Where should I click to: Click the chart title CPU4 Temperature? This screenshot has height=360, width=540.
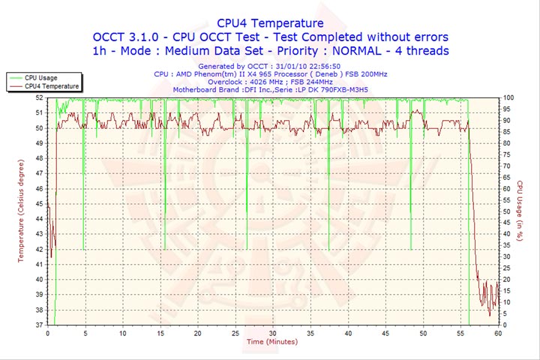270,23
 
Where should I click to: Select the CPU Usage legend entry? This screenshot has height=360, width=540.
41,77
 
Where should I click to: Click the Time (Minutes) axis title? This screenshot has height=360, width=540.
271,342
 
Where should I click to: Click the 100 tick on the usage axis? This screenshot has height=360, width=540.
508,97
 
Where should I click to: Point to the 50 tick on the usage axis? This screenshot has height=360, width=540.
507,211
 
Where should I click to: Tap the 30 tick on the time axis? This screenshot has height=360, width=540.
272,332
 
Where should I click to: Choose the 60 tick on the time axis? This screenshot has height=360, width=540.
497,332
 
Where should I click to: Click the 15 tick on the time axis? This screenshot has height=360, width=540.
160,332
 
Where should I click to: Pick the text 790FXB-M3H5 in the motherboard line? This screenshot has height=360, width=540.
338,91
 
